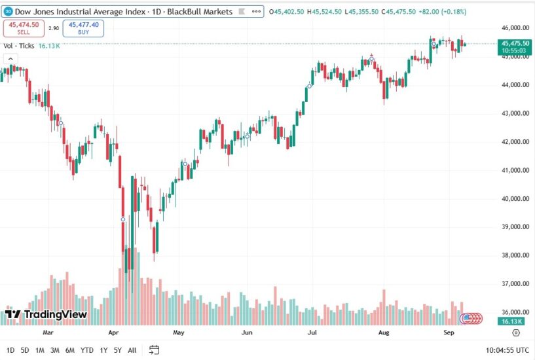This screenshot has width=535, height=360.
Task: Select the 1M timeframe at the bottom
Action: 40,350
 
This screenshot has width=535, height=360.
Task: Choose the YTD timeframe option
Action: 86,350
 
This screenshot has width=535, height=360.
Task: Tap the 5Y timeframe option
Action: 117,350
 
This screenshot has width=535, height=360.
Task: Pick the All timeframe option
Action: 132,350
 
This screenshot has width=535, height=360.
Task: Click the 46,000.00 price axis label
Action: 515,28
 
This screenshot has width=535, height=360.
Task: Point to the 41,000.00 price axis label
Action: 515,170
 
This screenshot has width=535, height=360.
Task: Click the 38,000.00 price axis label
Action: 515,255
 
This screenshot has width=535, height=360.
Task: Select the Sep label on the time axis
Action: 449,333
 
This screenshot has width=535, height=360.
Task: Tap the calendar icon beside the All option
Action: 154,350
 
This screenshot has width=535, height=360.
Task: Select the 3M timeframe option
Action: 55,350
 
